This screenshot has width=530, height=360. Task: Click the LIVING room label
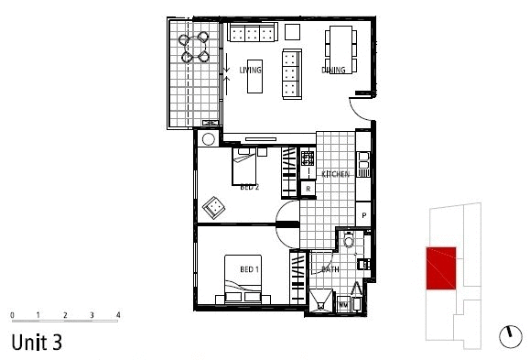(250, 70)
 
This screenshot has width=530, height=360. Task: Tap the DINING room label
(332, 70)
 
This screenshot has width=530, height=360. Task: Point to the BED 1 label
(249, 269)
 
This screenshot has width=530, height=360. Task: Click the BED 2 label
(249, 187)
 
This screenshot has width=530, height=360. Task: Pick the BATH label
(330, 269)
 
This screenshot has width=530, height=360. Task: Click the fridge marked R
(308, 189)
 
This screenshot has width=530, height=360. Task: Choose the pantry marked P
(363, 216)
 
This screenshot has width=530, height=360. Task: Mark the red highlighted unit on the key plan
(442, 268)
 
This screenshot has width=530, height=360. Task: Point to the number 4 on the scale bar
(118, 314)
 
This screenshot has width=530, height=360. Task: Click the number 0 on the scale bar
(12, 314)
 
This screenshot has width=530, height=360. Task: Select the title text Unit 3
(36, 343)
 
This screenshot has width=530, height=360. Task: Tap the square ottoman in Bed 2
(215, 206)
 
